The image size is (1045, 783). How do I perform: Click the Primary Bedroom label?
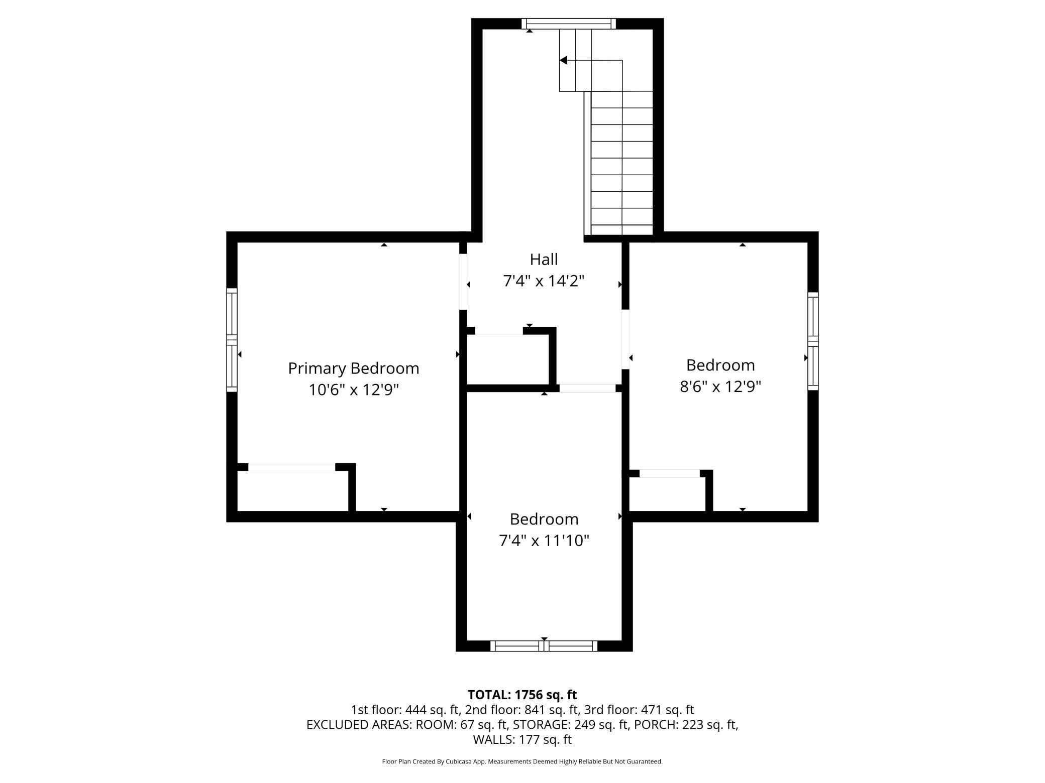[353, 368]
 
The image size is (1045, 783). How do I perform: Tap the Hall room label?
[544, 259]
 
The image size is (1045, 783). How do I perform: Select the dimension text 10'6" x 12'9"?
[353, 390]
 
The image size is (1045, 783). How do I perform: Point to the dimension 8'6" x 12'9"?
[720, 386]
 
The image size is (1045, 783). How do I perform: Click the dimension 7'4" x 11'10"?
[544, 541]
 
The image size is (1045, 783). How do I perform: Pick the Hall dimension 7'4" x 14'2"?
[544, 281]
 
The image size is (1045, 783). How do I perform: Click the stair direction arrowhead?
[563, 60]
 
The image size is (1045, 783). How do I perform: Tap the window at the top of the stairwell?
[568, 24]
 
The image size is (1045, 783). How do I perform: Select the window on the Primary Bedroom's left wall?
[232, 340]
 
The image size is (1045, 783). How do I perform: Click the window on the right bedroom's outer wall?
[813, 341]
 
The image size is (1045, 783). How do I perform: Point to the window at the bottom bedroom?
[544, 646]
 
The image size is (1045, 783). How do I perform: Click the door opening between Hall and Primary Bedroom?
[463, 282]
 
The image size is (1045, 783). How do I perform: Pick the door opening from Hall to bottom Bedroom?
[587, 388]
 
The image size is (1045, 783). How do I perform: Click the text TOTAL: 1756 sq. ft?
[522, 695]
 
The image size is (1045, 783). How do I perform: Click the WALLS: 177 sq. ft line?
[522, 739]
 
